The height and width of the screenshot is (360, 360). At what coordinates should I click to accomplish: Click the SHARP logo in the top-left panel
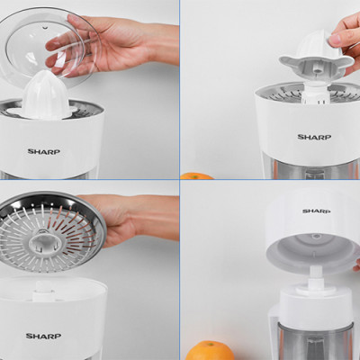pyautogui.click(x=44, y=151)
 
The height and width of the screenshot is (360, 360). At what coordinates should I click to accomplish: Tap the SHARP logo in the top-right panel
pyautogui.click(x=314, y=137)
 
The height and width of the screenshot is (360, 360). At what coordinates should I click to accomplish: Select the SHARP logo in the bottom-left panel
pyautogui.click(x=43, y=336)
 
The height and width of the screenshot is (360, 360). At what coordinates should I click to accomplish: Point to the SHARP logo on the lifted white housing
pyautogui.click(x=317, y=211)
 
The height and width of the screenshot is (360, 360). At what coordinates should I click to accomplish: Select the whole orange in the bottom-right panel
pyautogui.click(x=209, y=350)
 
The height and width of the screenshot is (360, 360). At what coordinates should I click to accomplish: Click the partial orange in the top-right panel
pyautogui.click(x=196, y=176)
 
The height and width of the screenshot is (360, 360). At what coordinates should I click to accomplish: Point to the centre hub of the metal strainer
pyautogui.click(x=45, y=241)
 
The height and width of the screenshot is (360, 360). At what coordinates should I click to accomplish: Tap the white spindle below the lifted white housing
pyautogui.click(x=315, y=279)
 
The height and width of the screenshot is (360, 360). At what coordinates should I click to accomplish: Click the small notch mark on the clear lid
pyautogui.click(x=45, y=28)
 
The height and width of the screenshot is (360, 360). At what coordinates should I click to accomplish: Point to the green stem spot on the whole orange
pyautogui.click(x=211, y=344)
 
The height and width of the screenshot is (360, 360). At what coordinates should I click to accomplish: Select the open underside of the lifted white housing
pyautogui.click(x=313, y=249)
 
